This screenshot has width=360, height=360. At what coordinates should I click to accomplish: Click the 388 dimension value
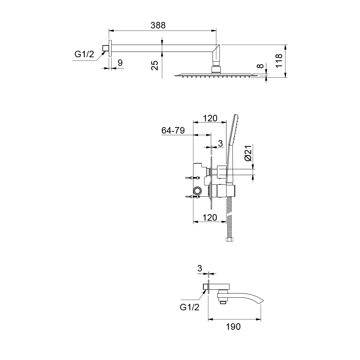pyautogui.click(x=158, y=25)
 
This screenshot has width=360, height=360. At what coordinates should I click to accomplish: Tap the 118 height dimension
pyautogui.click(x=279, y=61)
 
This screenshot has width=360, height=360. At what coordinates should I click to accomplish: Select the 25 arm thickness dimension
pyautogui.click(x=155, y=65)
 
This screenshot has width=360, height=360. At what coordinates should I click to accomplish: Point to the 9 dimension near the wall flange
pyautogui.click(x=120, y=63)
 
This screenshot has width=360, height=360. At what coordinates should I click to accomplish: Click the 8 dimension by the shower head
pyautogui.click(x=260, y=66)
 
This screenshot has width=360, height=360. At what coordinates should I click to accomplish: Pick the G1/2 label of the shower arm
pyautogui.click(x=84, y=54)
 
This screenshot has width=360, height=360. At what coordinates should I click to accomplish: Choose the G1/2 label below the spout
pyautogui.click(x=190, y=307)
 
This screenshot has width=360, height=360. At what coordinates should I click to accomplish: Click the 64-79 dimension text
pyautogui.click(x=173, y=130)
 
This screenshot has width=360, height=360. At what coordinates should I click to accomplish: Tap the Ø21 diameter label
pyautogui.click(x=248, y=153)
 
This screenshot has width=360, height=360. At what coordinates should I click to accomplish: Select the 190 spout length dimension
pyautogui.click(x=233, y=327)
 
